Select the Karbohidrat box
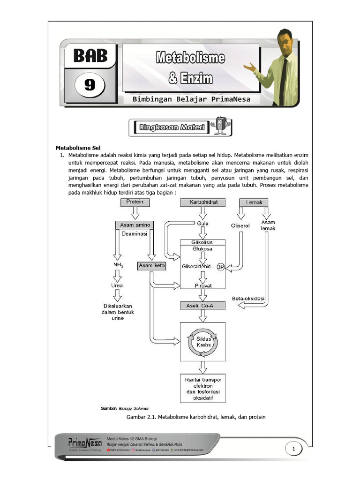pos(203,202)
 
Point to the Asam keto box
pos(151,266)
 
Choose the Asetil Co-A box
pos(202,306)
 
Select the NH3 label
pos(117,266)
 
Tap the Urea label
pos(117,285)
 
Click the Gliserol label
pos(241,225)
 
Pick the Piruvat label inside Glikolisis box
pos(203,285)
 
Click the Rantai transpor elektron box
pos(203,388)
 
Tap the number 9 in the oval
pos(89,85)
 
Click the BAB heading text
pos(90,56)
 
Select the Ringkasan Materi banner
pos(180,127)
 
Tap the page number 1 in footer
pos(294,450)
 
